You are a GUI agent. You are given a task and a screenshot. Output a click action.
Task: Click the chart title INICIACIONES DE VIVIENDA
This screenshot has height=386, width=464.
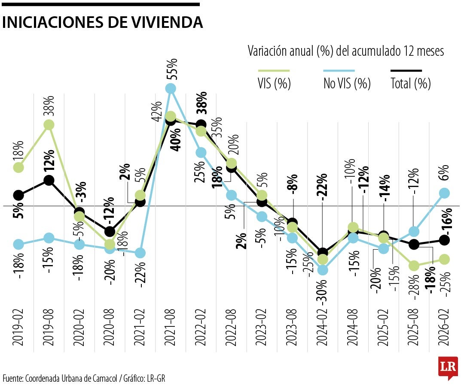pyautogui.click(x=102, y=23)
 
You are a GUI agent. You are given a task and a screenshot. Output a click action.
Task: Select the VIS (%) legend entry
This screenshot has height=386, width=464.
pyautogui.click(x=275, y=83)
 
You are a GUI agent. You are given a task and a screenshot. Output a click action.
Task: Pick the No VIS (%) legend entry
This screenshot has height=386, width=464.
pyautogui.click(x=347, y=83)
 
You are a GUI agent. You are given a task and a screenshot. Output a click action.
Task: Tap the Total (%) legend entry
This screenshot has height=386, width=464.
pyautogui.click(x=410, y=83)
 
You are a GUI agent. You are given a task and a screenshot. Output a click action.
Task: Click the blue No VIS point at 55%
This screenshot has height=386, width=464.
pyautogui.click(x=171, y=88)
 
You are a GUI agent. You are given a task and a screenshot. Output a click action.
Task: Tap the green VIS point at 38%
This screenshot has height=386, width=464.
pyautogui.click(x=49, y=125)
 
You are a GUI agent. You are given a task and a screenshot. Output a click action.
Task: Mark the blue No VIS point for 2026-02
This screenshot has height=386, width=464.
pyautogui.click(x=444, y=193)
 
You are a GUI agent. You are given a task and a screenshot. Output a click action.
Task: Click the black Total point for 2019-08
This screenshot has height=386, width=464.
pyautogui.click(x=49, y=181)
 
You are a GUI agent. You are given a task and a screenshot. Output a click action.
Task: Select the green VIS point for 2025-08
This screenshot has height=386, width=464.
pyautogui.click(x=414, y=266)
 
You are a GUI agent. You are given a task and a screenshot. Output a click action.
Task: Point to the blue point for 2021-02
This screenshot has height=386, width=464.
pyautogui.click(x=140, y=253)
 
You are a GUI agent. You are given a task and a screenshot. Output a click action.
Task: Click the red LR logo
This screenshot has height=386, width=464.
pyautogui.click(x=448, y=367)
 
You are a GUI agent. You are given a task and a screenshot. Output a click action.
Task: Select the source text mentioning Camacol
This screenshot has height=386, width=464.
pyautogui.click(x=84, y=378)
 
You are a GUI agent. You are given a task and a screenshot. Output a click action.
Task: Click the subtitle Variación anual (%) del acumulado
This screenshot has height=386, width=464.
pyautogui.click(x=346, y=51)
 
